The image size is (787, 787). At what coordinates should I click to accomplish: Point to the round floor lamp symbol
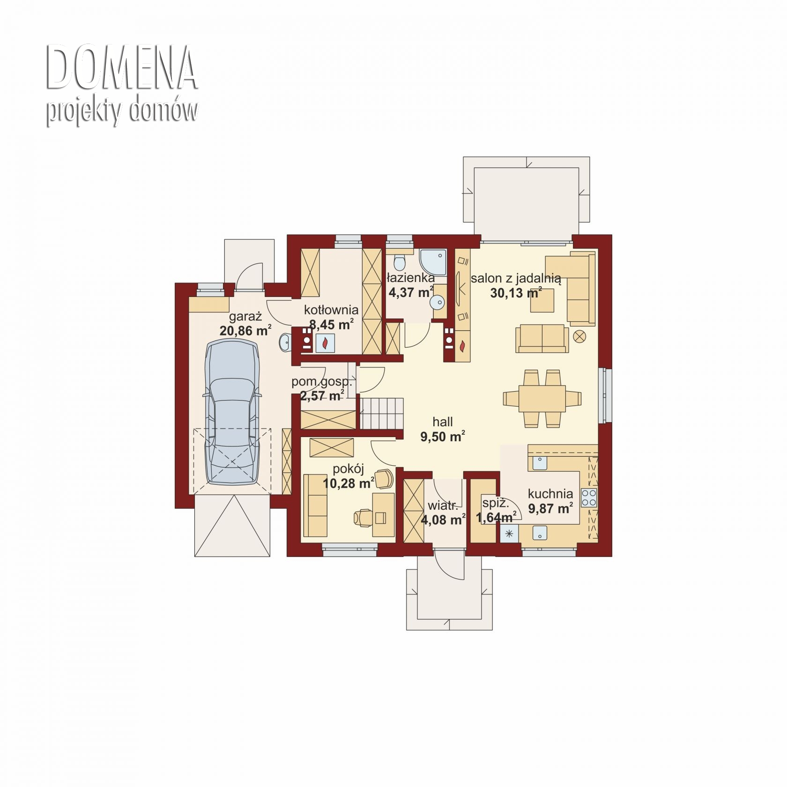pos(580,336)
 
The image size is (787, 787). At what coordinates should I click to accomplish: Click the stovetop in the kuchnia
pos(589,497)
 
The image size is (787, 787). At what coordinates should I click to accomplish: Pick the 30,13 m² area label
pos(516,293)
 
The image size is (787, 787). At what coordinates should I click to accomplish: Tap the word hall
pos(443,422)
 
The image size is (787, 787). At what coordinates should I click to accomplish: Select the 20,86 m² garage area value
pos(245,331)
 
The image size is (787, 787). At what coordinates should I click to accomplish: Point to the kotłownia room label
pos(331,310)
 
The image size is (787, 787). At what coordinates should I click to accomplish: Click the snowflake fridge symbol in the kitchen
pos(509,534)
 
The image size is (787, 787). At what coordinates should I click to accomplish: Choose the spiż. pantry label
pos(496,504)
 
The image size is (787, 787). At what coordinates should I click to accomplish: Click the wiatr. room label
pos(443,506)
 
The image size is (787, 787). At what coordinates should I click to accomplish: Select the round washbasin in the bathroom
pos(438,303)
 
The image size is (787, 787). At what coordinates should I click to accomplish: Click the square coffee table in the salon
pos(542,300)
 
